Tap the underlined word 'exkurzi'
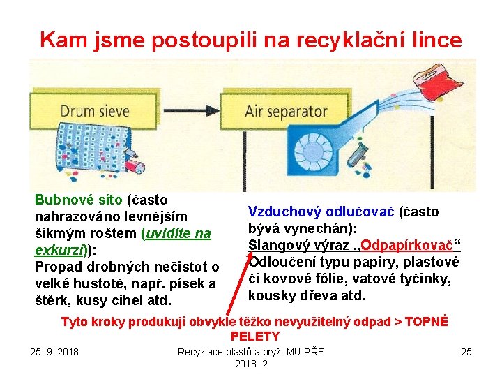click(x=61, y=250)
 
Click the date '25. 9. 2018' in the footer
click(x=54, y=350)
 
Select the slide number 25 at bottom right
click(x=466, y=351)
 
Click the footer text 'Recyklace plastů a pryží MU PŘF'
click(x=250, y=350)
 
